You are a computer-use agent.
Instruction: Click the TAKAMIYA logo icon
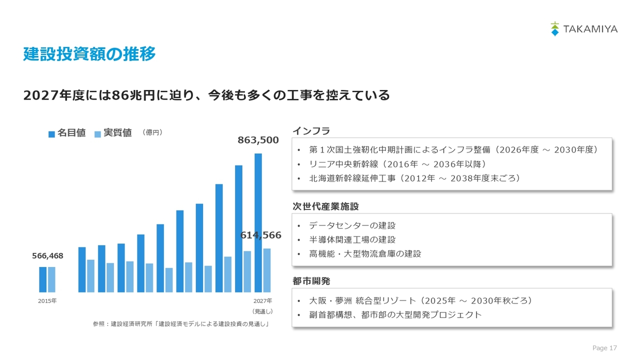(554, 29)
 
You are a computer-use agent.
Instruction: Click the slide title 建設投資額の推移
(89, 53)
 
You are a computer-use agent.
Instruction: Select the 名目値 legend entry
(67, 133)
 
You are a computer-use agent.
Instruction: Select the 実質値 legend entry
(113, 133)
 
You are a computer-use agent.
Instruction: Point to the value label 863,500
(258, 140)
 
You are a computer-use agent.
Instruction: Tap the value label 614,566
(260, 235)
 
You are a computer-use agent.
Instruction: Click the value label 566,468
(47, 255)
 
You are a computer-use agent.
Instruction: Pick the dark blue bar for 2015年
(43, 279)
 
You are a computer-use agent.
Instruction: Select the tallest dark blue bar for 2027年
(258, 223)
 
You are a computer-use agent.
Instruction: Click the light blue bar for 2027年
(267, 270)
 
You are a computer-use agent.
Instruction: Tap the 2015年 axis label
(47, 301)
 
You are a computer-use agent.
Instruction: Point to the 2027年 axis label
(263, 301)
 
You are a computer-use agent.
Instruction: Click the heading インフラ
(311, 131)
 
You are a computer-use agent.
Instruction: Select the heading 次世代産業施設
(325, 206)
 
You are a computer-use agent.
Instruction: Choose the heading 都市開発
(311, 281)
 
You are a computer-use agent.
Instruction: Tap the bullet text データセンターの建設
(352, 225)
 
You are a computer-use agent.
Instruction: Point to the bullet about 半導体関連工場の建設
(352, 239)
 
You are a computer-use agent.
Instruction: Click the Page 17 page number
(604, 347)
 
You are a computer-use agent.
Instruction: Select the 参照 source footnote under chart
(181, 323)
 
